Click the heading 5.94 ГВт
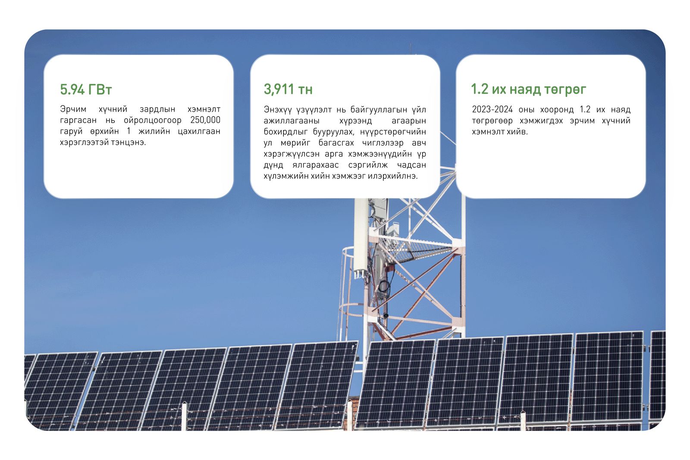pos(86,90)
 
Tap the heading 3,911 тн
pos(288,89)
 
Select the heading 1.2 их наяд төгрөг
pos(529,89)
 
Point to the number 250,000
pos(205,120)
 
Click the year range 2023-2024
pos(492,110)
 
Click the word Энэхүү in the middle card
pos(278,110)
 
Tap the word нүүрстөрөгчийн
pos(393,132)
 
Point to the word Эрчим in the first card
pos(73,109)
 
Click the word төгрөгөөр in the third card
pos(492,121)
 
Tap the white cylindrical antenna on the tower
pos(361,237)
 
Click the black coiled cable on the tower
pos(384,287)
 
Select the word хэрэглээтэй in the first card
pos(82,142)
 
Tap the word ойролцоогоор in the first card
pos(153,120)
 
